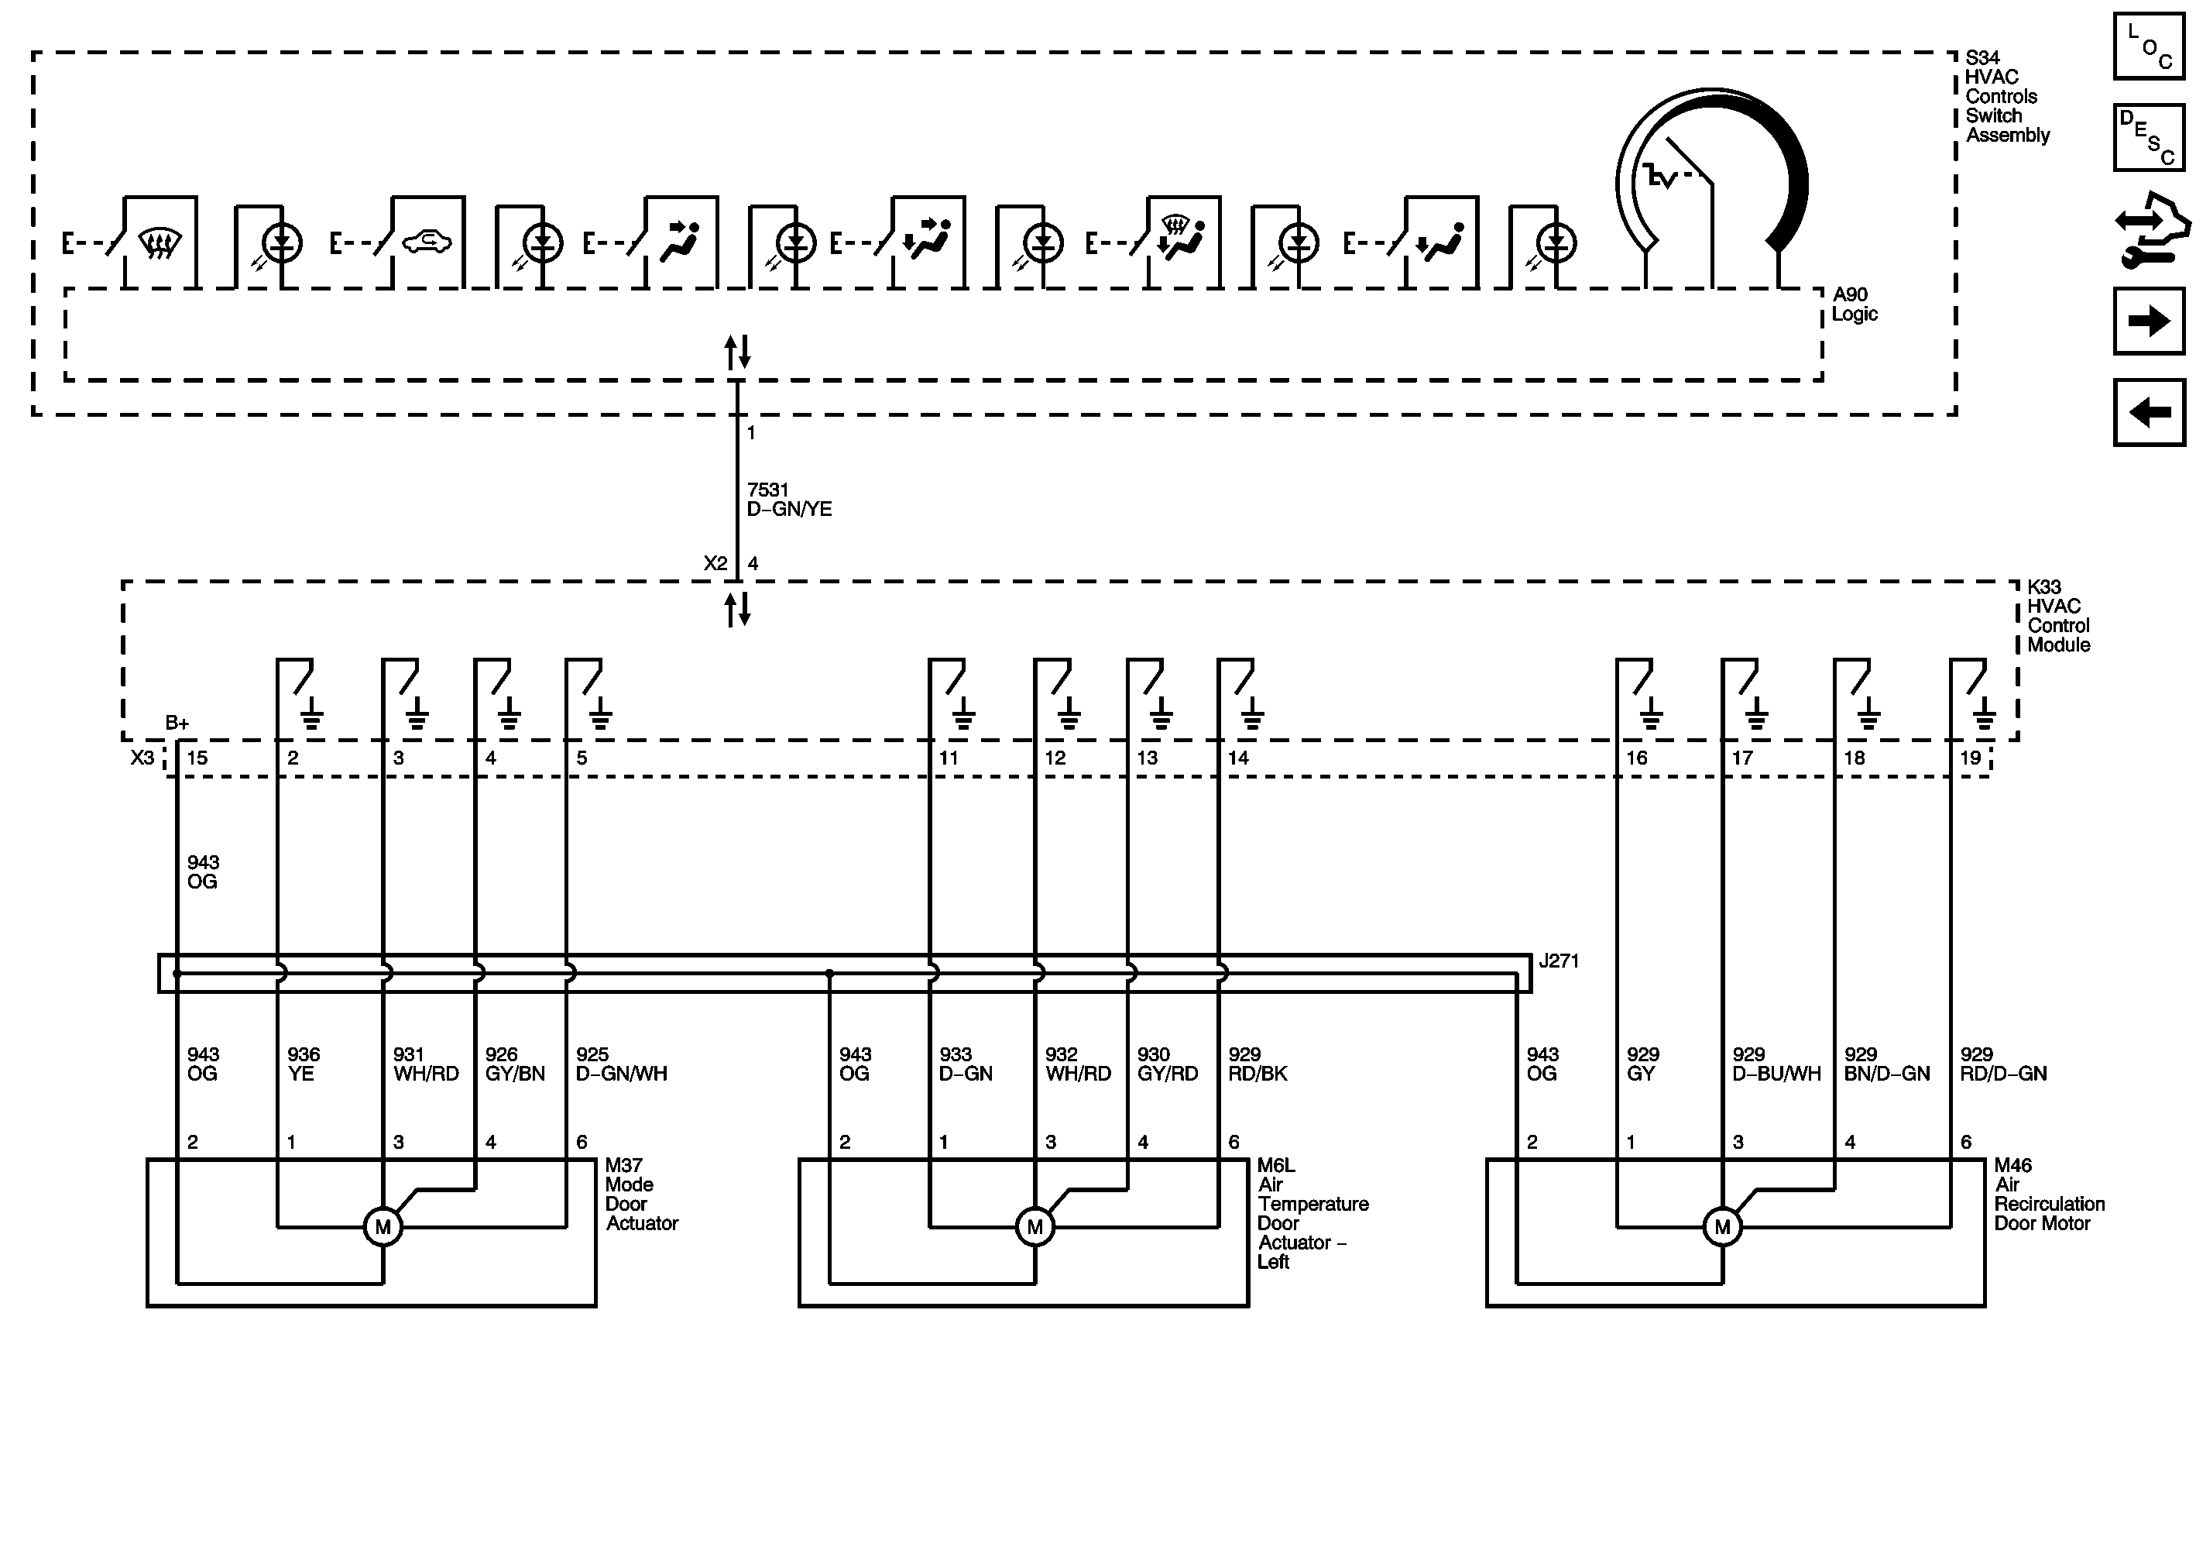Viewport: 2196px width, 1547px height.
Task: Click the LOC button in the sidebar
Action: (x=2149, y=46)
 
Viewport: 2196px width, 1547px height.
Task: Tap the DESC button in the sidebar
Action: (x=2149, y=137)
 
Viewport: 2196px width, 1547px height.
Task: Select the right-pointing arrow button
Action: (x=2149, y=321)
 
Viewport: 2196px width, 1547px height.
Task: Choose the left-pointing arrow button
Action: (x=2149, y=412)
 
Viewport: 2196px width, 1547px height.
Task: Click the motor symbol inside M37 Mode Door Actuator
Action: (x=383, y=1226)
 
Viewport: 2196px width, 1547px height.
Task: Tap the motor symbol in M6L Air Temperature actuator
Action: (x=1035, y=1226)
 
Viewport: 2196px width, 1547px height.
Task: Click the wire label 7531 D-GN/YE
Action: (x=788, y=500)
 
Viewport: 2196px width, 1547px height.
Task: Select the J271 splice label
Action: (x=1558, y=961)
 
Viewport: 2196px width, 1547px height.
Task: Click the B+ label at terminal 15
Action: (x=177, y=724)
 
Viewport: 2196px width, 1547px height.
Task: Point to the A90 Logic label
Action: (x=1855, y=304)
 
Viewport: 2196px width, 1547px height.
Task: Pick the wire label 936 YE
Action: (x=304, y=1064)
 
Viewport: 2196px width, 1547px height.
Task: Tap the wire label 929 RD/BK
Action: (x=1257, y=1064)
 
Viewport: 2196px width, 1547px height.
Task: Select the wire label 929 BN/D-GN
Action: (x=1886, y=1064)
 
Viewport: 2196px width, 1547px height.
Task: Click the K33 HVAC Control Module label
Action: (x=2057, y=615)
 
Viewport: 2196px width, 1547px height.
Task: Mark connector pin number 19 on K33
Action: (x=1970, y=758)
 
